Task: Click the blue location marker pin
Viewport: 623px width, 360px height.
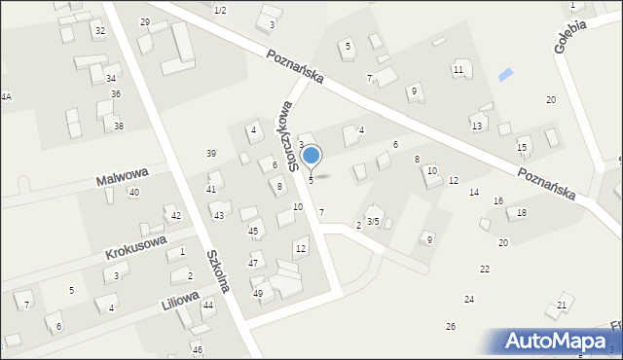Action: [x=311, y=156]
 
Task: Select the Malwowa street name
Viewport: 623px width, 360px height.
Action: [x=122, y=177]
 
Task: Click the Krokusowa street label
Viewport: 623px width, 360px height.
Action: [x=135, y=246]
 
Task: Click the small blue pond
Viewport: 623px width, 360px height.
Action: [x=503, y=75]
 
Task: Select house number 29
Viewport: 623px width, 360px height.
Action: [x=145, y=21]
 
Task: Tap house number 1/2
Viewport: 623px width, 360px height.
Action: [x=220, y=10]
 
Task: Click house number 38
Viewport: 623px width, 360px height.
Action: [x=119, y=126]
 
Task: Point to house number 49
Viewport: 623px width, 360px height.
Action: [x=258, y=293]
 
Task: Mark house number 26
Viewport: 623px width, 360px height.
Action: [x=451, y=326]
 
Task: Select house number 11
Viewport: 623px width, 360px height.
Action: [x=458, y=70]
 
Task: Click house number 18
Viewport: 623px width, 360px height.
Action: [x=522, y=212]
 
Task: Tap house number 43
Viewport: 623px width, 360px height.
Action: [x=219, y=215]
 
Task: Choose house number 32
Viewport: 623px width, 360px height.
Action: [x=99, y=31]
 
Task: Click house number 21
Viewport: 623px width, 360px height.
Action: [x=562, y=306]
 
